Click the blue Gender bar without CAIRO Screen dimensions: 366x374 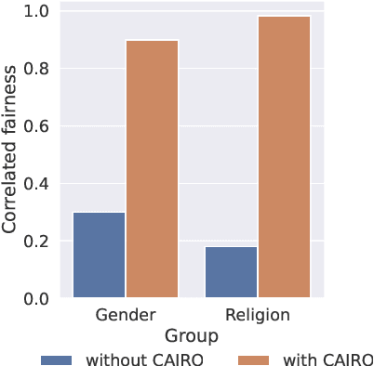pos(99,255)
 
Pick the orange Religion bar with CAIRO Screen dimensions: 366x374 pos(284,158)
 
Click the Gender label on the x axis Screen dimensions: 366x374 pos(125,316)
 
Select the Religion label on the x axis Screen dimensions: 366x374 pos(257,316)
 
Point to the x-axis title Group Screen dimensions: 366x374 pos(191,335)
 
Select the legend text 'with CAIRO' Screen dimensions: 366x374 pos(319,359)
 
